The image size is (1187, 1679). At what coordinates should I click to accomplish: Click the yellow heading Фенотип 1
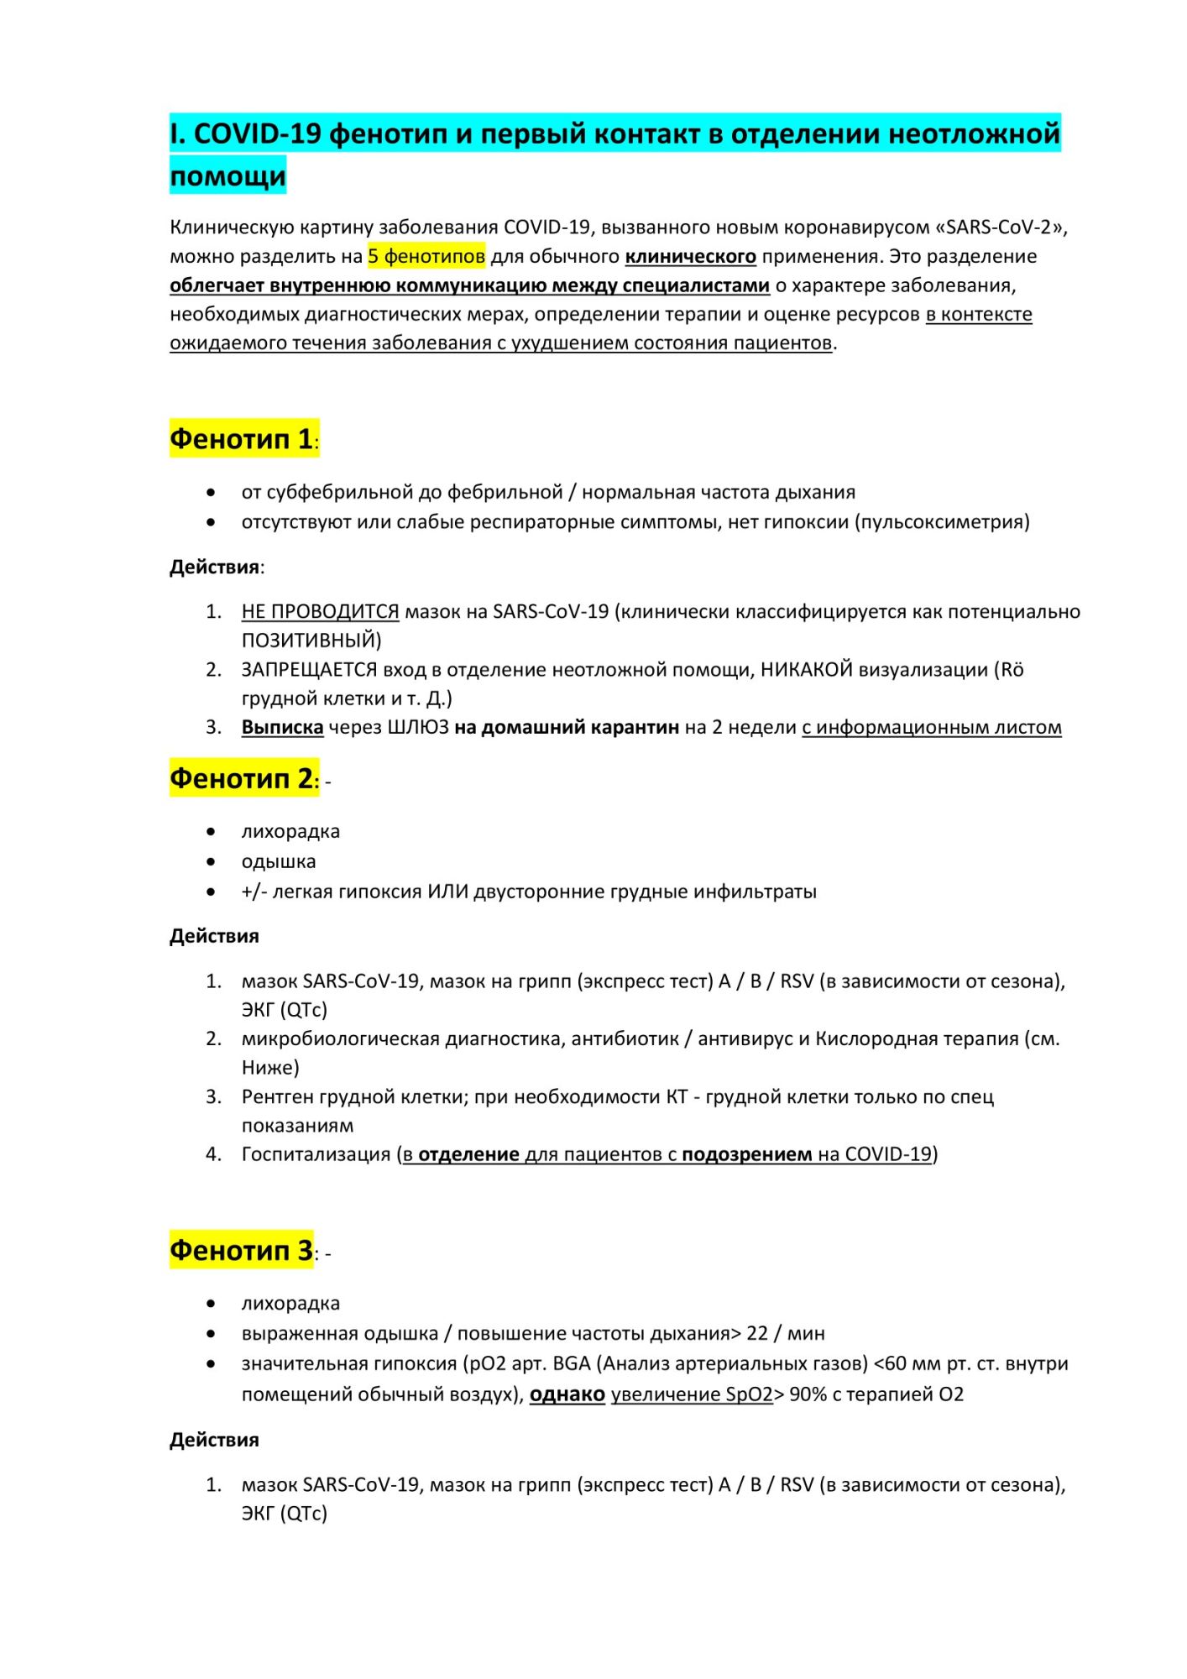tap(242, 438)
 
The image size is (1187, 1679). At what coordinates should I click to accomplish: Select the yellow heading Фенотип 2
tap(242, 778)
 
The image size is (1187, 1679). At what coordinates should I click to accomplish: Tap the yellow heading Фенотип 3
tap(242, 1250)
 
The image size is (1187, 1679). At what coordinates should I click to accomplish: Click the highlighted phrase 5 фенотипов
tap(426, 256)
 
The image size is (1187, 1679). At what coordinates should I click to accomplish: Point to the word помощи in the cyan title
tap(227, 176)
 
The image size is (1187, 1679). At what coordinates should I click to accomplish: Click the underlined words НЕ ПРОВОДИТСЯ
tap(320, 611)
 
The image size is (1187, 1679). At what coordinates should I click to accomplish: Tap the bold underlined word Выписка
tap(282, 727)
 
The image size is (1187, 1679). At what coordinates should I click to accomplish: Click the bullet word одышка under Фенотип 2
tap(279, 861)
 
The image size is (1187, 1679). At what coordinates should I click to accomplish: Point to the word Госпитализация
tap(316, 1154)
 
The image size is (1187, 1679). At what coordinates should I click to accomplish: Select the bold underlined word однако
tap(567, 1394)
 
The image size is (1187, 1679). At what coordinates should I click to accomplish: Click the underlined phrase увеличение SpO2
tap(692, 1394)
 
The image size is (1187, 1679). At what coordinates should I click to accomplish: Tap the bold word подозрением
tap(746, 1154)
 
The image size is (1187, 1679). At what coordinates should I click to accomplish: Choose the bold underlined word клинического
tap(690, 256)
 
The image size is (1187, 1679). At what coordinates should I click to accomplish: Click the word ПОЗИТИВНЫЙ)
tap(311, 641)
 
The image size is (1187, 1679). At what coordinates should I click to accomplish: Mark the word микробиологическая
tap(340, 1038)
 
